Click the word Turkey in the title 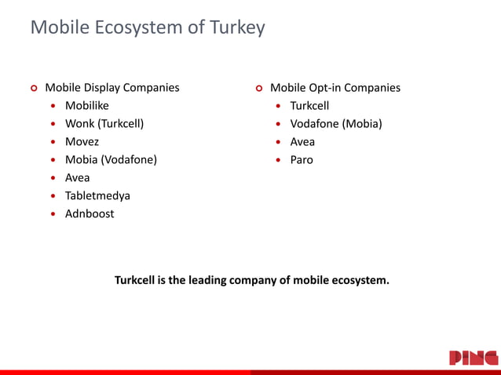238,28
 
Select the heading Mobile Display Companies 112,88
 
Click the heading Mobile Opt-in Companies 335,88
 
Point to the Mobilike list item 86,106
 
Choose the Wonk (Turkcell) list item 104,124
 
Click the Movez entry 82,142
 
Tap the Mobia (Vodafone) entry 111,160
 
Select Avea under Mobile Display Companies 77,178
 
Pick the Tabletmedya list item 97,196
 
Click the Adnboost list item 89,214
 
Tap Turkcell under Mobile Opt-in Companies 309,106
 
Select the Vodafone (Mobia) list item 336,124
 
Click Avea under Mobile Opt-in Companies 302,142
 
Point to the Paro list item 302,160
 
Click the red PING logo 474,358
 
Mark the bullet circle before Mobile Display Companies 33,89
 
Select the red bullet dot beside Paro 279,161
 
